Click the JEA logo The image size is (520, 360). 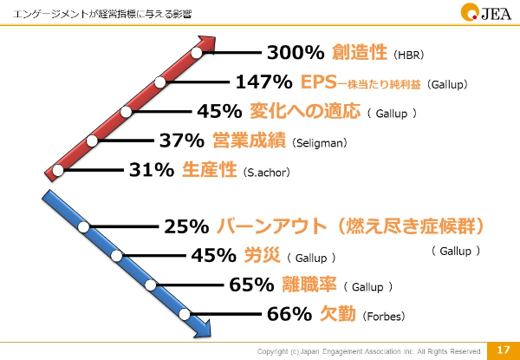pos(486,13)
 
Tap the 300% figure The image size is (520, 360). pos(296,53)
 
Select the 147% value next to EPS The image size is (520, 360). pos(264,82)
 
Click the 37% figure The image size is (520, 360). pos(182,141)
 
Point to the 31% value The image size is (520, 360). pos(152,170)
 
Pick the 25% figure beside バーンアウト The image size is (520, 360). pos(186,227)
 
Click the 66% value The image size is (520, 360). pos(289,314)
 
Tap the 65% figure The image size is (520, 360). pos(251,285)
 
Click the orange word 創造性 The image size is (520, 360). pos(360,53)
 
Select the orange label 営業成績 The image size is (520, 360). pos(249,141)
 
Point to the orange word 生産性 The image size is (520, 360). pos(210,170)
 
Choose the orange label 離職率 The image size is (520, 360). pos(309,285)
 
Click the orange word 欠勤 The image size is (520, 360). pos(338,314)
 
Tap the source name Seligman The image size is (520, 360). pos(319,143)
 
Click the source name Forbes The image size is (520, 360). pos(384,317)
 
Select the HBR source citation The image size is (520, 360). pos(408,55)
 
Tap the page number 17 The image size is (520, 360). pos(503,350)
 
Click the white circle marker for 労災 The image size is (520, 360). pos(117,256)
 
